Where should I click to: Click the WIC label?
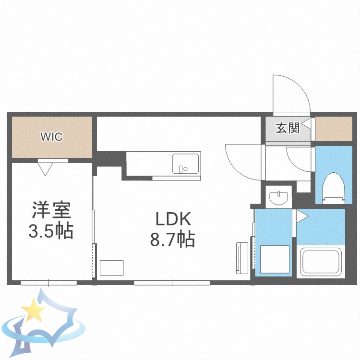[51, 137]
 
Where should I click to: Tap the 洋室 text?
[51, 211]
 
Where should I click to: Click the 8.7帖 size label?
[173, 239]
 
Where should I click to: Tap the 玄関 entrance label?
[287, 128]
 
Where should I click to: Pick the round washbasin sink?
[278, 197]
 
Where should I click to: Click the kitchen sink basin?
[186, 164]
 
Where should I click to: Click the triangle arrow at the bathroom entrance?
[301, 216]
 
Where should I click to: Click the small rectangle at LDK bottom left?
[112, 267]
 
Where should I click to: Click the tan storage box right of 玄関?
[334, 129]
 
